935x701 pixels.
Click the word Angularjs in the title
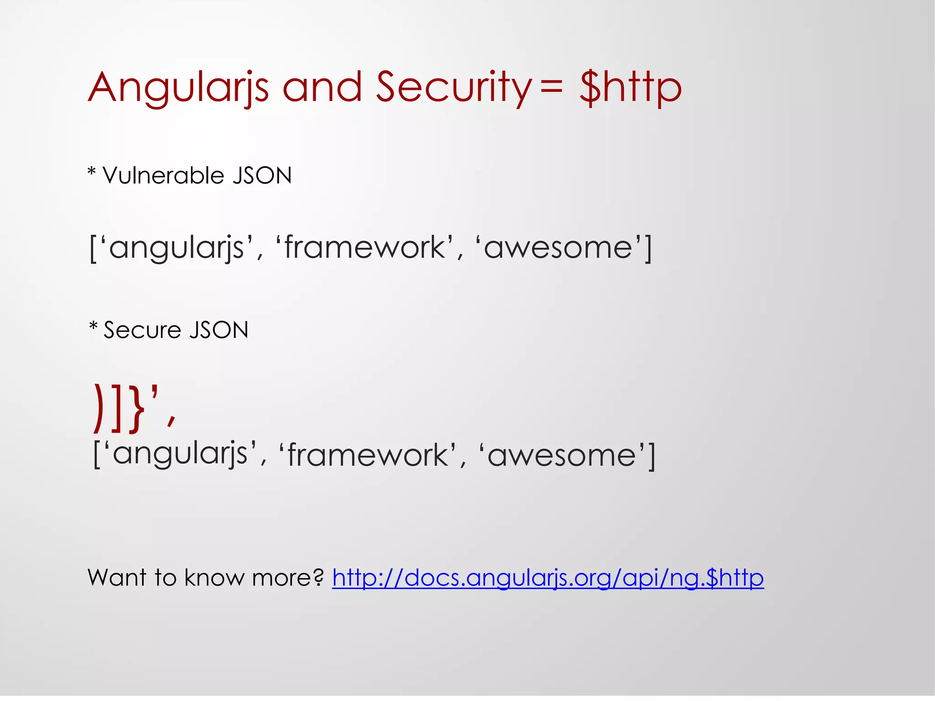178,88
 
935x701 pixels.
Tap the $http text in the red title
630,88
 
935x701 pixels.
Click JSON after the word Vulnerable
262,176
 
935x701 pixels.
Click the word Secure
142,330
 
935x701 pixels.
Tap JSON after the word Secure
219,330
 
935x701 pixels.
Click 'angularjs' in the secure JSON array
180,455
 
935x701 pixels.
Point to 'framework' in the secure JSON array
368,455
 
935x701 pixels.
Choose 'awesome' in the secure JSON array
562,455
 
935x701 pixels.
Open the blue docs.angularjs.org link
547,578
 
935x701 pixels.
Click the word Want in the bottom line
117,578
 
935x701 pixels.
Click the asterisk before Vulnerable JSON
92,172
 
